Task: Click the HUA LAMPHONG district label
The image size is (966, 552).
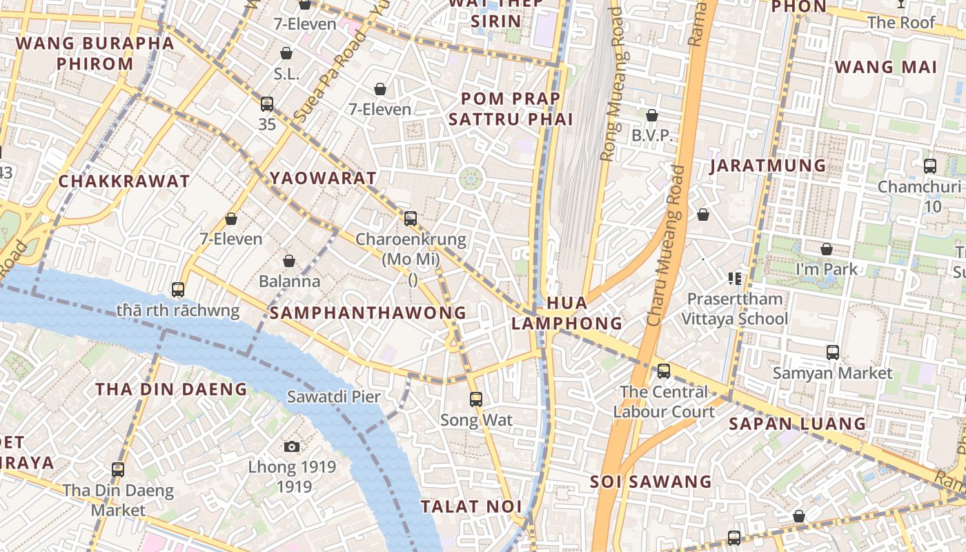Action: [x=566, y=313]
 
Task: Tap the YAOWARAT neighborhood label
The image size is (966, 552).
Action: [x=324, y=178]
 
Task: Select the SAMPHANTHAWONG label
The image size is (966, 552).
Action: [x=368, y=313]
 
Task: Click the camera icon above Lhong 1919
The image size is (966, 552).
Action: [x=292, y=446]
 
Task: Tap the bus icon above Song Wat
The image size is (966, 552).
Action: [x=475, y=399]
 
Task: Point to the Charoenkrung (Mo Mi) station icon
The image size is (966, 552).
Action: [x=411, y=219]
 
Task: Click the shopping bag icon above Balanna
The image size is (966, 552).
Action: [x=289, y=261]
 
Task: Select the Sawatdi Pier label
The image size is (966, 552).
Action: [x=333, y=397]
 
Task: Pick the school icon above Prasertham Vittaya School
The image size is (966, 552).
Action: [x=734, y=279]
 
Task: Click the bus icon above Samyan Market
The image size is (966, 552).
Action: [x=832, y=353]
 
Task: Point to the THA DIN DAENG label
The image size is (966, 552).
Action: [x=171, y=389]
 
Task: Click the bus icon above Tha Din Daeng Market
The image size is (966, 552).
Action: [x=118, y=470]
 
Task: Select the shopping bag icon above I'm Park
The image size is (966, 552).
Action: [x=826, y=249]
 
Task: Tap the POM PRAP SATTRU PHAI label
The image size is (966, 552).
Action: [x=511, y=109]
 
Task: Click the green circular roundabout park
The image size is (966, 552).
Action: [x=471, y=179]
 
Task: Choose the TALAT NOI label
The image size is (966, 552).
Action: [x=471, y=506]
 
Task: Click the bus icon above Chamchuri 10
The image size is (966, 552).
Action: [x=929, y=166]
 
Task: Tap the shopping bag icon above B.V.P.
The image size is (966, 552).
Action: [x=651, y=115]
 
